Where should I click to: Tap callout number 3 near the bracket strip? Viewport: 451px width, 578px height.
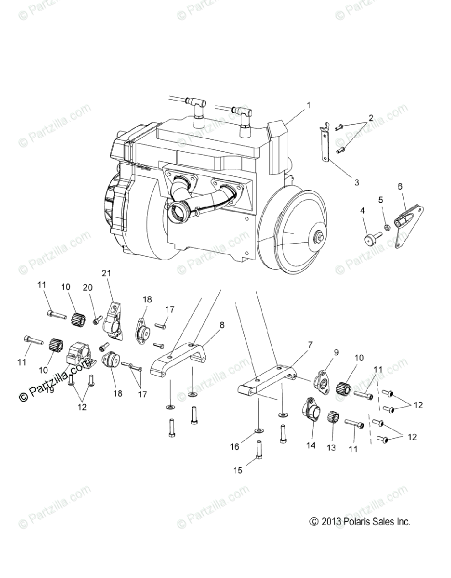357,183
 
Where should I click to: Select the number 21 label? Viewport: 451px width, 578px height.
106,273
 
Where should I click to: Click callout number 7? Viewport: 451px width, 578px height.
310,344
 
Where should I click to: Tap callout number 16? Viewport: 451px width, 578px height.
235,447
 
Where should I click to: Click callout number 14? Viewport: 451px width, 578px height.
311,446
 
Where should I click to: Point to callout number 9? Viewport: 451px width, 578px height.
336,353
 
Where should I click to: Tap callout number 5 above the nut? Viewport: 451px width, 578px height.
380,199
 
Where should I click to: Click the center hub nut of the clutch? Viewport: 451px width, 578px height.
319,237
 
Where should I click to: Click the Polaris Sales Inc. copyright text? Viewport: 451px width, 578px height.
360,522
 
